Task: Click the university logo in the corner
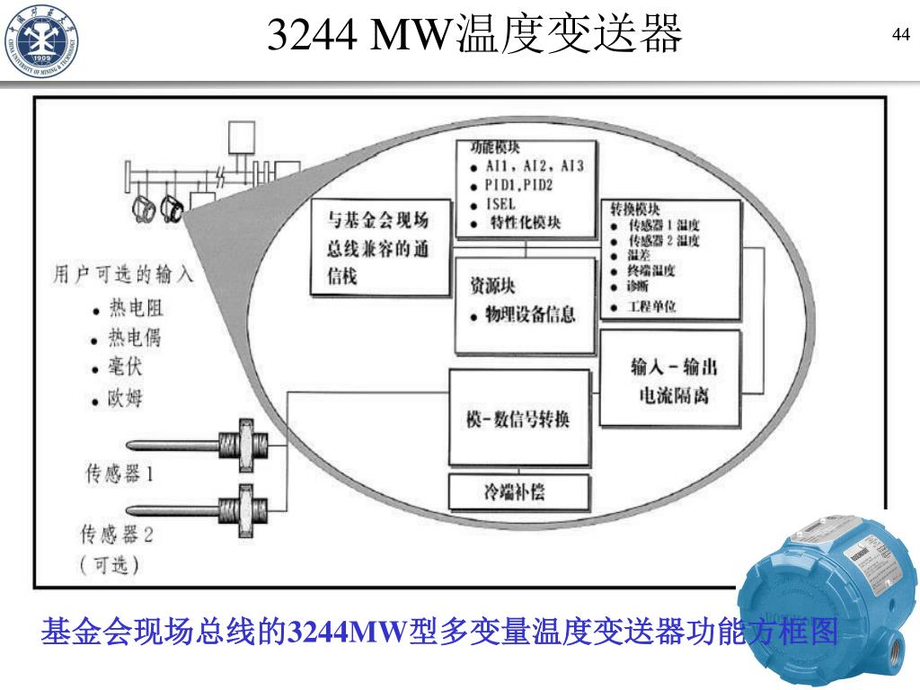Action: tap(40, 40)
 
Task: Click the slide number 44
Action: tap(900, 35)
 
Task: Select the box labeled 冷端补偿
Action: tap(519, 492)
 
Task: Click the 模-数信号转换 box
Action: tap(519, 419)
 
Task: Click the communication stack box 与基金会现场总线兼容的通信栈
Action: tap(378, 248)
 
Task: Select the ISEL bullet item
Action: tap(500, 204)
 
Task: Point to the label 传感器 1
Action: tap(119, 473)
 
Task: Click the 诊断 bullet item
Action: tap(640, 287)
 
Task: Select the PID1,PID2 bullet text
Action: tap(519, 185)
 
